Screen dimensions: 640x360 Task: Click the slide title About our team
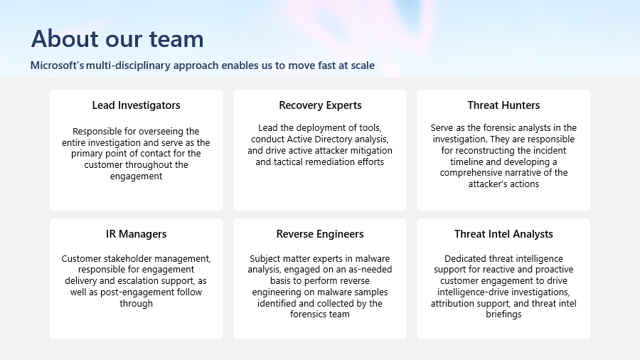coord(117,39)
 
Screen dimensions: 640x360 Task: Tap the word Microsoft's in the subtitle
coord(57,65)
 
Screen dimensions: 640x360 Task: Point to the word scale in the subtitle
coord(361,65)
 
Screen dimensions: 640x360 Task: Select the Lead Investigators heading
coord(137,105)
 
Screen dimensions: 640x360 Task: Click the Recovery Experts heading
coord(321,105)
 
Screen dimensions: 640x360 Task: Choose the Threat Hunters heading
coord(503,105)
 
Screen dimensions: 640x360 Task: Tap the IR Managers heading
coord(137,234)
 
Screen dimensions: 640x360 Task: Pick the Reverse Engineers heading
coord(320,234)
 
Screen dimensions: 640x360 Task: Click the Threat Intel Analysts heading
coord(503,234)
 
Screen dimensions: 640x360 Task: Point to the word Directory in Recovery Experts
coord(335,139)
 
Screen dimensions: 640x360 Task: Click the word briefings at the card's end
coord(503,314)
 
